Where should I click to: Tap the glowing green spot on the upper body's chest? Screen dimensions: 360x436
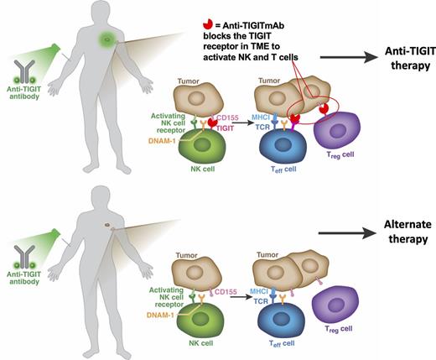[x=106, y=39]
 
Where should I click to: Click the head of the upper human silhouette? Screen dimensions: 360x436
[x=107, y=11]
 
